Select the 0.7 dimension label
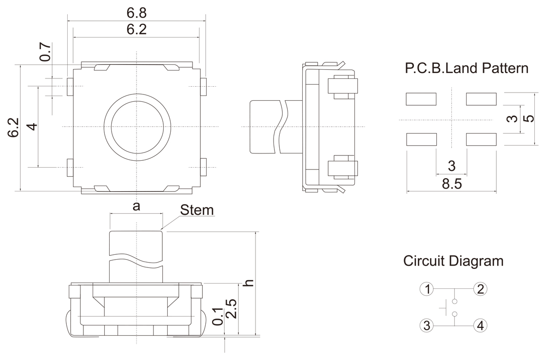45,52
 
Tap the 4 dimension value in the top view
32,127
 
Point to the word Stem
197,210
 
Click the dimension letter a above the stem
136,206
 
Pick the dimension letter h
249,283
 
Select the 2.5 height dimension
232,309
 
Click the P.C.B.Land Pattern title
467,68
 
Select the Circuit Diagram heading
453,261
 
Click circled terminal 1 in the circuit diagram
427,289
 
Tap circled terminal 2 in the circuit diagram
480,289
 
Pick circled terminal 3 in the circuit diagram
427,325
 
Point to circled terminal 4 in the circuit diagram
480,325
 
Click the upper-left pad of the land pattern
421,99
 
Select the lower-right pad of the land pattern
481,140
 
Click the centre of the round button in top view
137,127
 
